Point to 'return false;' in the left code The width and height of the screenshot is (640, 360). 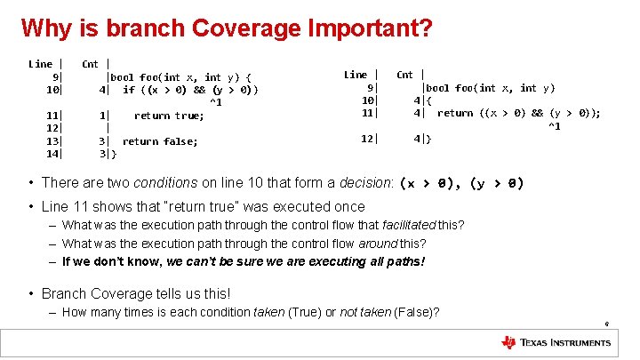(x=160, y=141)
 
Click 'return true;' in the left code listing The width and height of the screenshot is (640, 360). (x=169, y=116)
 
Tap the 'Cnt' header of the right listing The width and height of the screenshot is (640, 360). (x=405, y=75)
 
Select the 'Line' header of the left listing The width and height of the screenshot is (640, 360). (x=41, y=63)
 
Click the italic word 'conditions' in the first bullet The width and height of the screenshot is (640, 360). (x=165, y=183)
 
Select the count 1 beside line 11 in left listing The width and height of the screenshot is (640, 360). (x=104, y=116)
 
